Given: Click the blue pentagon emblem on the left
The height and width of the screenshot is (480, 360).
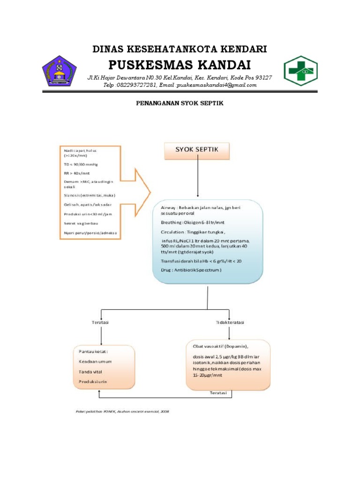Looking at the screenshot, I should coord(57,71).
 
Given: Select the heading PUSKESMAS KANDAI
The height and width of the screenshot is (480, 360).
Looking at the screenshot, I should coord(180,64).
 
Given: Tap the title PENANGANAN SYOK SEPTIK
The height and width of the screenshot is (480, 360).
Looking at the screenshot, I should coord(180,104).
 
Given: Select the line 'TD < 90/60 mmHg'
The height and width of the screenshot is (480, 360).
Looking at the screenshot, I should coord(81,165).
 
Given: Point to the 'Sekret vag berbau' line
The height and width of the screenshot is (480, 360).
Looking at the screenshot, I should coord(82,223).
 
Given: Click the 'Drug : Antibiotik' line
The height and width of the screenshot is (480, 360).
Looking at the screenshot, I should coord(191,270).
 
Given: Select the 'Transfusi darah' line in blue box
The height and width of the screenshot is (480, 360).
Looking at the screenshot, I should coord(202,261).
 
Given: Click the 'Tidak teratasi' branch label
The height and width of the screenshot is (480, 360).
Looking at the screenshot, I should coord(230,322).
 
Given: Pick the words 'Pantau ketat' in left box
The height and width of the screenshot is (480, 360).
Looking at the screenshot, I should coord(94,351).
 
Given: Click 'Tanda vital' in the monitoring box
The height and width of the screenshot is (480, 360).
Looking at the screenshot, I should coord(91,372).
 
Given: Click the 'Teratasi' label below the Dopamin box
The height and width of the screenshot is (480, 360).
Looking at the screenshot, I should coord(218,393).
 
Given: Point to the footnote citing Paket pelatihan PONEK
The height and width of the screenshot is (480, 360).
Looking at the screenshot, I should coord(122,411).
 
